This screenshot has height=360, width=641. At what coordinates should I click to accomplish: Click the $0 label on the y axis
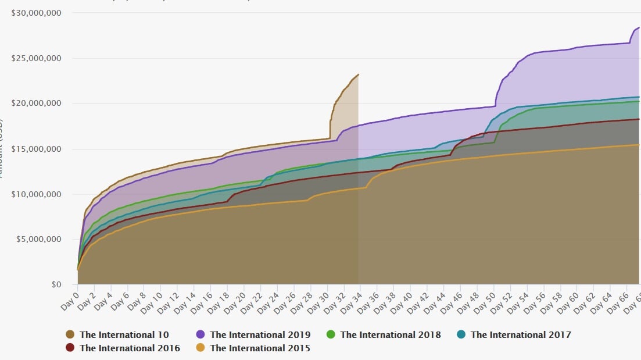(x=56, y=285)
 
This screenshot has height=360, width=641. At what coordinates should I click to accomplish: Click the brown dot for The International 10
(x=70, y=334)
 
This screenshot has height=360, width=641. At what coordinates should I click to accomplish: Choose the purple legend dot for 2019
(x=200, y=334)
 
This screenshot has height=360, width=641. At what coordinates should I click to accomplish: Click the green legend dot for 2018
(x=331, y=334)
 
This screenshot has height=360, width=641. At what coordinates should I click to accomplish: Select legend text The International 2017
(x=521, y=334)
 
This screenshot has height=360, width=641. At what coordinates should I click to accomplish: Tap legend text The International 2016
(x=130, y=348)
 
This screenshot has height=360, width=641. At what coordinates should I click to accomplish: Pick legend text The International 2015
(x=260, y=348)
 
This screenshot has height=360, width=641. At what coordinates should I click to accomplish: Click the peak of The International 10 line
(x=358, y=74)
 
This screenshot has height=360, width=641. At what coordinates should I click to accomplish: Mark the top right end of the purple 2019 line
(x=639, y=27)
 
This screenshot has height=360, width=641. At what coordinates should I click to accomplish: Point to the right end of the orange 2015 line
(x=639, y=145)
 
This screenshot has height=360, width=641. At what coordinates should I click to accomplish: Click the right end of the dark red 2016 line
(x=639, y=119)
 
